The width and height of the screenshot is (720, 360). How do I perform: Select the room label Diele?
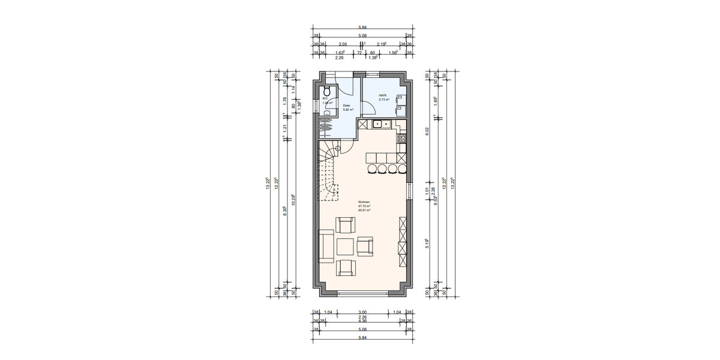(x=346, y=105)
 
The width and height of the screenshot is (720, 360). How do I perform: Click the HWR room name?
(x=382, y=95)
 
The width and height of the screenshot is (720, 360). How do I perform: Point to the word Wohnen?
(x=364, y=202)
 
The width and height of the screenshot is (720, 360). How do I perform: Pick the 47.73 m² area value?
(x=364, y=206)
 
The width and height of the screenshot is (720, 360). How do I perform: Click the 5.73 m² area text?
(x=384, y=100)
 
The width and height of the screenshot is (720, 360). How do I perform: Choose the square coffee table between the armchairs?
(x=345, y=247)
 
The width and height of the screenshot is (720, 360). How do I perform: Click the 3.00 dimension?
(x=362, y=313)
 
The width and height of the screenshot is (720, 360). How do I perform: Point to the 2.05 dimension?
(x=342, y=44)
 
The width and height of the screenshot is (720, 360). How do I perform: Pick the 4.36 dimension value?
(x=362, y=321)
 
